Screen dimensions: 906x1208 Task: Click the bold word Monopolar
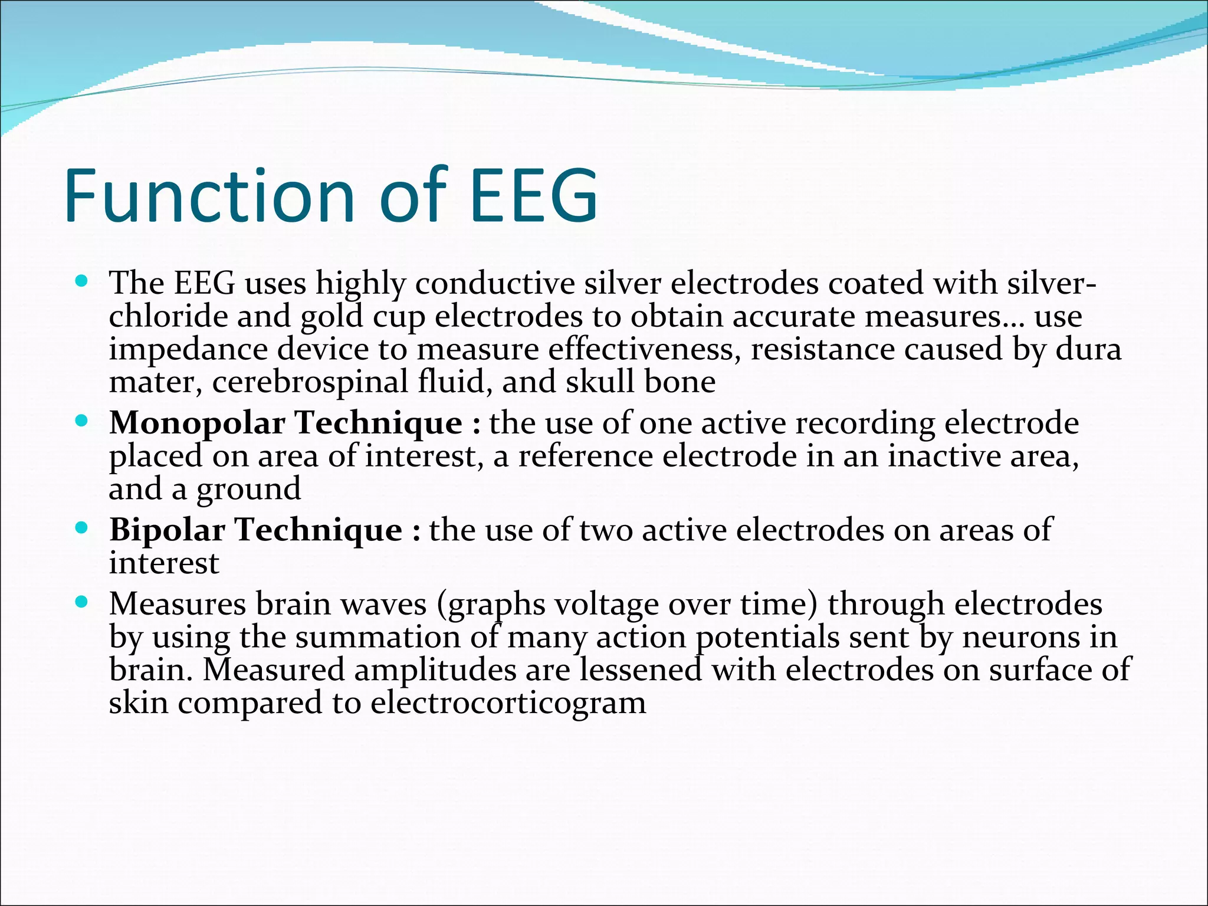pyautogui.click(x=197, y=424)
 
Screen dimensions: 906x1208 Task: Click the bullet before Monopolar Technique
pyautogui.click(x=82, y=421)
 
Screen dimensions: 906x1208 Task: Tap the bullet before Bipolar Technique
pyautogui.click(x=82, y=527)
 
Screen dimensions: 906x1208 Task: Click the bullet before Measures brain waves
pyautogui.click(x=82, y=602)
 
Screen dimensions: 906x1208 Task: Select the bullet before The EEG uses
pyautogui.click(x=82, y=281)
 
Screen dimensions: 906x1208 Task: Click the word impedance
pyautogui.click(x=188, y=349)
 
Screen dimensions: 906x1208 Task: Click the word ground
pyautogui.click(x=248, y=490)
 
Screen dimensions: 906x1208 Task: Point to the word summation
pyautogui.click(x=378, y=637)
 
